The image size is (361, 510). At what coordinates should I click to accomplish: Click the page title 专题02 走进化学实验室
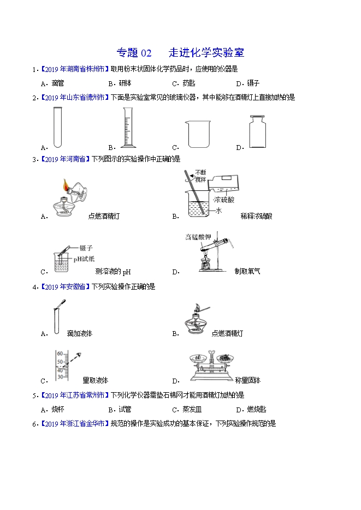click(x=180, y=53)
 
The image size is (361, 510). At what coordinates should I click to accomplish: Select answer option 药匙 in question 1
click(x=188, y=83)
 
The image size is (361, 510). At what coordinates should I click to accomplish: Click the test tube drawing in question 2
click(x=57, y=128)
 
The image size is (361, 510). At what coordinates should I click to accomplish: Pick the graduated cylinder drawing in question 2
click(x=128, y=128)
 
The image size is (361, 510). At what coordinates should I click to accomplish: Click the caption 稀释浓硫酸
click(x=256, y=216)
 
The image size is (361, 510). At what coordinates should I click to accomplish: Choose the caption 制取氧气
click(x=247, y=271)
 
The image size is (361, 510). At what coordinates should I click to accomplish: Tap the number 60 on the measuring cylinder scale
click(x=60, y=353)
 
